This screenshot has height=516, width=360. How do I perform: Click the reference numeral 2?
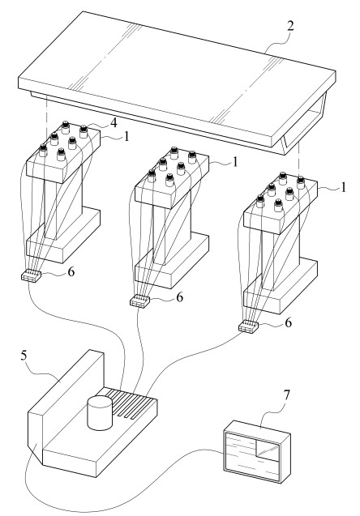pos(289,26)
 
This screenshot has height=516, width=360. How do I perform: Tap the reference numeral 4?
pos(114,123)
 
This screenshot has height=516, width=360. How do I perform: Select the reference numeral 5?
pos(24,356)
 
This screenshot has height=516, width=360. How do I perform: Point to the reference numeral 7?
pos(286,395)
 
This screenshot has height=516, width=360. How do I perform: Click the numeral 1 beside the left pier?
pos(126,136)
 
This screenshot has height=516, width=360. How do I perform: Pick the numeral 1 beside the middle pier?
pos(235,161)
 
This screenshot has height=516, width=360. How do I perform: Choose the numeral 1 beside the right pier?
pos(343,187)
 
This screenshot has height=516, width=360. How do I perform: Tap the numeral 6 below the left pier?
pos(71,272)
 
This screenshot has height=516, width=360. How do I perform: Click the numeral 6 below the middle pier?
pos(179,297)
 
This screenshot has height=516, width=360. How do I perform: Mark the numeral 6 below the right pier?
pos(288,323)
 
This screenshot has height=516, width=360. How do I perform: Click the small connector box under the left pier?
pos(31,275)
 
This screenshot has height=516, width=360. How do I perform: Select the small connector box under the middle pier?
pos(139,301)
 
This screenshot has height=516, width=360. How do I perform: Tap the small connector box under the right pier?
pos(248,326)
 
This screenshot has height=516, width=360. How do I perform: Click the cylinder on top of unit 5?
pos(100,412)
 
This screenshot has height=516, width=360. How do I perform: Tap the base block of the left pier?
pos(62,236)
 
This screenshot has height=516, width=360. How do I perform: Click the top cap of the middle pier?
pos(172,177)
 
